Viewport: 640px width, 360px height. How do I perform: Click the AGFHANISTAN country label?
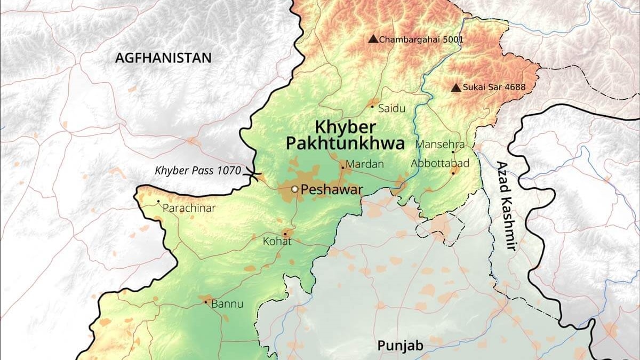pos(163,58)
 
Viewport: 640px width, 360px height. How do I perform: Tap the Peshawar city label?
pos(332,189)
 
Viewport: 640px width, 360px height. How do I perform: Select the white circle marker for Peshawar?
pos(294,189)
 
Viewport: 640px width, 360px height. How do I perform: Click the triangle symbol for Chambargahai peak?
pos(373,39)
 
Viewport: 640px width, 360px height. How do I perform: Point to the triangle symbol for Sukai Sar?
pos(455,87)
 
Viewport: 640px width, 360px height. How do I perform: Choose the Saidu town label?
pos(391,108)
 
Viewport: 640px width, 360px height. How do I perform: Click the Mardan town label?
pos(364,165)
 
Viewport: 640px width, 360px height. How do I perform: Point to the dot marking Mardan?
pos(342,167)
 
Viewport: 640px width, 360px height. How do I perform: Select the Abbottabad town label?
pos(440,163)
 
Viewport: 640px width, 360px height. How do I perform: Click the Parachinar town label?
pos(189,208)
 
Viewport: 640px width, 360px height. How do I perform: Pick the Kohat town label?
pos(277,242)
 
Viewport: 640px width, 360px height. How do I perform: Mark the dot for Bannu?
pos(206,302)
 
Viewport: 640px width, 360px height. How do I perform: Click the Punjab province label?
pos(400,346)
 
